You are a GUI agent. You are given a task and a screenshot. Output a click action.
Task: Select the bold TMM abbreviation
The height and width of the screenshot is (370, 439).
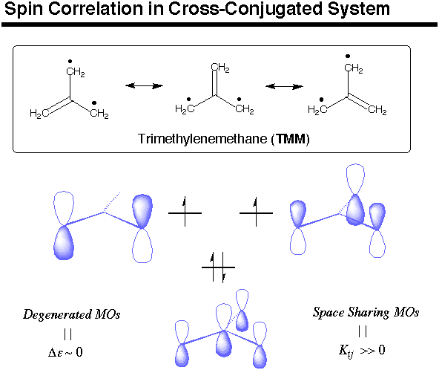pyautogui.click(x=291, y=139)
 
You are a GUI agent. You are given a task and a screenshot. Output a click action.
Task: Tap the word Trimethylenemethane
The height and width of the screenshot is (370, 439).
pyautogui.click(x=202, y=139)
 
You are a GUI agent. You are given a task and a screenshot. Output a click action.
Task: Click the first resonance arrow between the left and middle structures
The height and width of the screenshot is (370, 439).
pyautogui.click(x=144, y=85)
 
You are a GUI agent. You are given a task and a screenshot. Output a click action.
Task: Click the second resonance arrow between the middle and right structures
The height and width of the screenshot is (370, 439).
pyautogui.click(x=284, y=86)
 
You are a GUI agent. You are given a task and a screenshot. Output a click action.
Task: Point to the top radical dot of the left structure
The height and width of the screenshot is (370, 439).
pyautogui.click(x=70, y=62)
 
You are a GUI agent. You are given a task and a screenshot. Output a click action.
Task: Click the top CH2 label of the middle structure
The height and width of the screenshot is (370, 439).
pyautogui.click(x=220, y=68)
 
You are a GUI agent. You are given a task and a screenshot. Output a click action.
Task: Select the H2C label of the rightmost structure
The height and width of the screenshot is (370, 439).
pyautogui.click(x=317, y=110)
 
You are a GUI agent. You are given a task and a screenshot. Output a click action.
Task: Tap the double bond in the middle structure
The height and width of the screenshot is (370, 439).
pyautogui.click(x=215, y=83)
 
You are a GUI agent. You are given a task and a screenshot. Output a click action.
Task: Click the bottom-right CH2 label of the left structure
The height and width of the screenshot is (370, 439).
pyautogui.click(x=99, y=114)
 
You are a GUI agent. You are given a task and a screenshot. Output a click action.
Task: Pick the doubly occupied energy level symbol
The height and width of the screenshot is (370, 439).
pyautogui.click(x=218, y=267)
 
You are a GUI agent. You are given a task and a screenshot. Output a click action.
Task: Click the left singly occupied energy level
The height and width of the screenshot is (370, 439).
pyautogui.click(x=185, y=212)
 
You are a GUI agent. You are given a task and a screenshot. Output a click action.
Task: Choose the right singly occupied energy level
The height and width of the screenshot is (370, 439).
pyautogui.click(x=256, y=212)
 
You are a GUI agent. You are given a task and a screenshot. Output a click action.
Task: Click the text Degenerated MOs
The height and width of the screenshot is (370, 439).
pyautogui.click(x=72, y=314)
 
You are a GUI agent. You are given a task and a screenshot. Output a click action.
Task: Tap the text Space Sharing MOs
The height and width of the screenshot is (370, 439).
pyautogui.click(x=366, y=312)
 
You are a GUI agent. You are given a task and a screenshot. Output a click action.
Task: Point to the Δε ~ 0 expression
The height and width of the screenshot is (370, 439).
pyautogui.click(x=65, y=352)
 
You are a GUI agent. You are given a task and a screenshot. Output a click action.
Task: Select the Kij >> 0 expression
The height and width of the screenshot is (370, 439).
pyautogui.click(x=362, y=351)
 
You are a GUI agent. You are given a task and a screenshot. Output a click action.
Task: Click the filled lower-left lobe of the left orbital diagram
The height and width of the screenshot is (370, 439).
pyautogui.click(x=64, y=243)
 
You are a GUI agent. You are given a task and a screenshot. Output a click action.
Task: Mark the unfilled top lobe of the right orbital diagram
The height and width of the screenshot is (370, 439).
pyautogui.click(x=355, y=179)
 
